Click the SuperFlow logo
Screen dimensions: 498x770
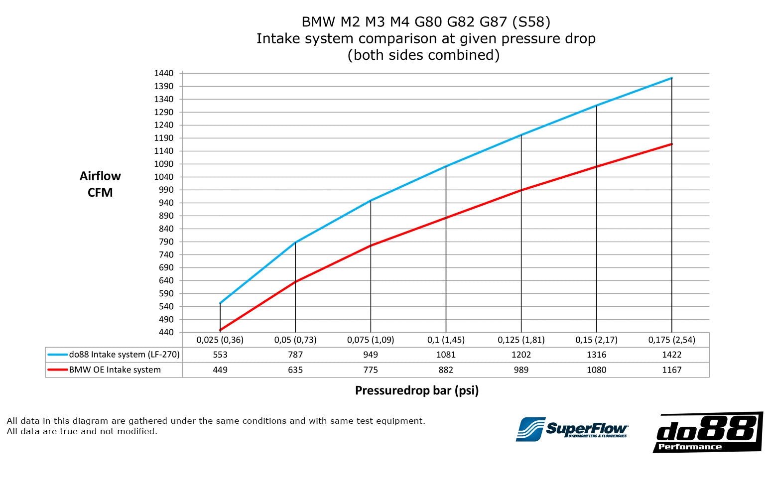572,429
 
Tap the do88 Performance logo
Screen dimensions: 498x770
707,432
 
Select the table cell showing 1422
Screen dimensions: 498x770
672,355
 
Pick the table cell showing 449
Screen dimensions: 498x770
220,370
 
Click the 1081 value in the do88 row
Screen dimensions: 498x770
446,355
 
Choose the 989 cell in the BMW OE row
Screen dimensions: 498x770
521,370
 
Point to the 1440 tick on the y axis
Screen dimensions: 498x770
163,73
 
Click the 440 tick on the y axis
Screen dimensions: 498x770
166,332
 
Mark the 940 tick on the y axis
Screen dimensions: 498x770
166,203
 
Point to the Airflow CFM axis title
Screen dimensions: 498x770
100,184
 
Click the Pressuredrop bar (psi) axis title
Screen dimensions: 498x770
416,390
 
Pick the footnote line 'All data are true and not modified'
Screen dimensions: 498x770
82,431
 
